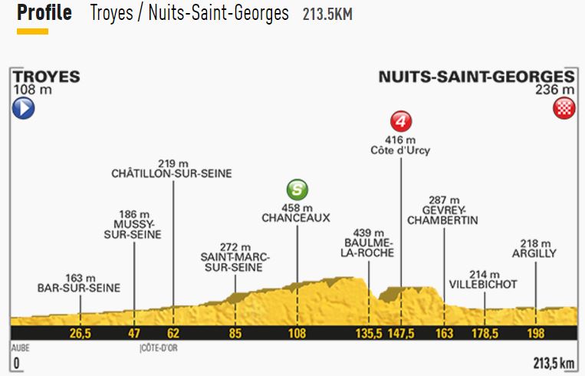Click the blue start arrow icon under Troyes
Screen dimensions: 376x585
pos(23,110)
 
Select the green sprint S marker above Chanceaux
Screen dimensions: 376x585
pos(297,190)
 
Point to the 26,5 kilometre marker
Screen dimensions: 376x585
pos(80,333)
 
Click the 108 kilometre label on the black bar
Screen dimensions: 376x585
pos(297,333)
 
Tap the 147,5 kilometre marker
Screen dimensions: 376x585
pos(400,333)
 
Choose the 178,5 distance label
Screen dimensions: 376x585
pos(485,333)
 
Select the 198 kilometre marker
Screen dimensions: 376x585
pos(535,333)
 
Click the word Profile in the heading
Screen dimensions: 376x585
pos(44,14)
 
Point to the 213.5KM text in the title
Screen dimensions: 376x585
pos(327,15)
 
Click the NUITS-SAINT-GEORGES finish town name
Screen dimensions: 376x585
pos(475,77)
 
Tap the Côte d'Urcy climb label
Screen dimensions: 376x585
pos(400,150)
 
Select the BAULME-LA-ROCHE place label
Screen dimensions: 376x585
pos(369,246)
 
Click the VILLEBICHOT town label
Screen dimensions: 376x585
pos(484,285)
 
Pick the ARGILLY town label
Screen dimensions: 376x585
pos(535,252)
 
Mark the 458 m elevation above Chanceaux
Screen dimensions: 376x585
pos(297,207)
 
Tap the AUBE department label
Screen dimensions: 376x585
pos(21,347)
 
